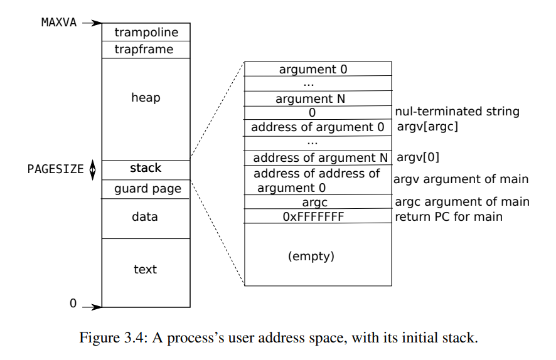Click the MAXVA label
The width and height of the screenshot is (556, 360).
point(59,23)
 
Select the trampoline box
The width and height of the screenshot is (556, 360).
point(146,33)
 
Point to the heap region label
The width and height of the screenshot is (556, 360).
point(146,98)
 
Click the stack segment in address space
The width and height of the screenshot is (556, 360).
point(146,168)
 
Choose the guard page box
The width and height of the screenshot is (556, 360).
point(147,189)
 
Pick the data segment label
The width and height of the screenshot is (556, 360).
point(145,217)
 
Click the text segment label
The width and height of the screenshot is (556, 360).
point(145,270)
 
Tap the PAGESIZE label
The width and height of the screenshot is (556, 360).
point(55,169)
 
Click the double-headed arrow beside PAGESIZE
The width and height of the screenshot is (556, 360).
point(93,169)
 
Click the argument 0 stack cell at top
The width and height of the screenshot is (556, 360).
point(313,70)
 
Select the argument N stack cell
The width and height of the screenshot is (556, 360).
point(310,99)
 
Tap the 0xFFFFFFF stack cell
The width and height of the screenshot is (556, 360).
point(313,217)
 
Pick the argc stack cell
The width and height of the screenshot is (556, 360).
point(314,203)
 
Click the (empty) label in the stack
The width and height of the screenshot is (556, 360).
point(311,257)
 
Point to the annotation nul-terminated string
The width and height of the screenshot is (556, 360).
point(457,112)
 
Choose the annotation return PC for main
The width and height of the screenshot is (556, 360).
point(448,217)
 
